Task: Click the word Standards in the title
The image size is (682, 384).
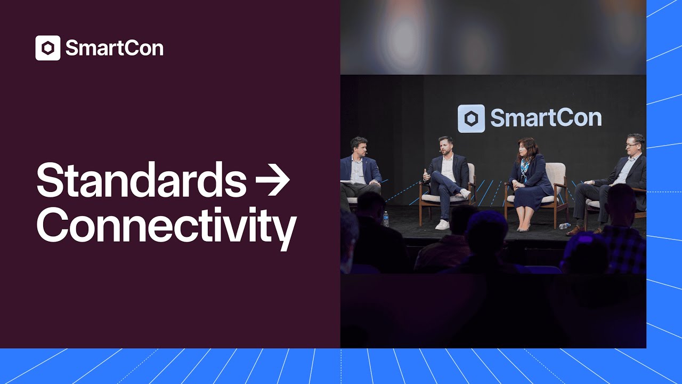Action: [141, 180]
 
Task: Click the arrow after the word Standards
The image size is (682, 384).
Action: [272, 180]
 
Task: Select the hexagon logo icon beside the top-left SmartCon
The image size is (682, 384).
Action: [48, 49]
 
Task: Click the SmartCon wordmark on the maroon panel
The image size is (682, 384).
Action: [114, 49]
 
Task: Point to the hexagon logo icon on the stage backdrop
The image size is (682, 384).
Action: [471, 118]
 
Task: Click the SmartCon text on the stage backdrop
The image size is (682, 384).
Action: [546, 118]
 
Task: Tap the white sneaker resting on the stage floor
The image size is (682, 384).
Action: [442, 225]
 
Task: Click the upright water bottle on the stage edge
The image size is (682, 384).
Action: [386, 219]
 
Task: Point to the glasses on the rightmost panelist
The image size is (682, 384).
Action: [632, 145]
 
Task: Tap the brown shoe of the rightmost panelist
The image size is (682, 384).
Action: [575, 230]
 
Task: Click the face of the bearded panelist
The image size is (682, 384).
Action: [446, 147]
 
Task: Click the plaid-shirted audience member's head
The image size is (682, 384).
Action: [621, 203]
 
